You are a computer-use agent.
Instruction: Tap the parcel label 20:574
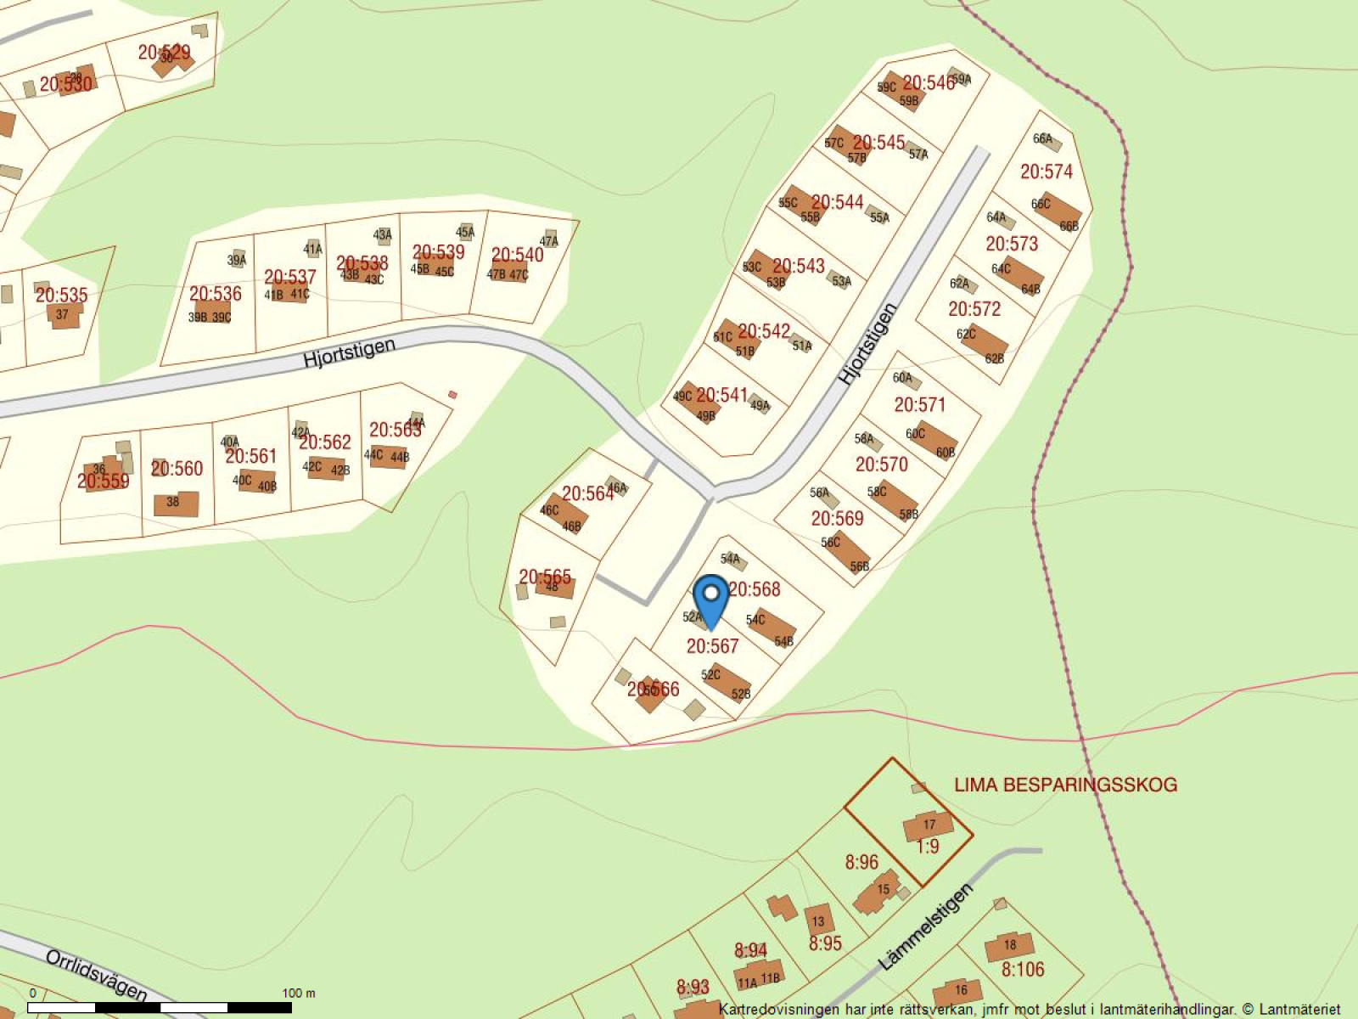point(1046,172)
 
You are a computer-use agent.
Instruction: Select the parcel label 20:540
point(517,255)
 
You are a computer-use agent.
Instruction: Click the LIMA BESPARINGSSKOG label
point(1065,785)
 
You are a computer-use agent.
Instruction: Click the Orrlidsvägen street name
point(97,976)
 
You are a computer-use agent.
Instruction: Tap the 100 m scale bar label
point(298,993)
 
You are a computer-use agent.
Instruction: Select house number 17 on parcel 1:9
point(929,825)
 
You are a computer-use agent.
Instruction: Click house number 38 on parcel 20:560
point(173,502)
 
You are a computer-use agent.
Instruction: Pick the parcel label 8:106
point(1023,969)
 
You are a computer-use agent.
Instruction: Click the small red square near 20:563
point(452,394)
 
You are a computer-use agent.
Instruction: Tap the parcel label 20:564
point(587,493)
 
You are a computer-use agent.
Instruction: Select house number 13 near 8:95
point(818,921)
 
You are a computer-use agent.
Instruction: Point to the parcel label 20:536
point(215,294)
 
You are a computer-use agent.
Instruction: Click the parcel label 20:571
point(919,404)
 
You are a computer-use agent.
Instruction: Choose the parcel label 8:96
point(861,863)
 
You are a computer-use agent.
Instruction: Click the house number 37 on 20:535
point(62,315)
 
